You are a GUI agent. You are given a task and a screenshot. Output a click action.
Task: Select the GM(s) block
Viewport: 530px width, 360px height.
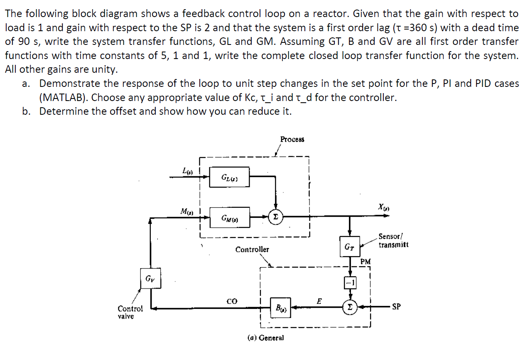click(x=229, y=217)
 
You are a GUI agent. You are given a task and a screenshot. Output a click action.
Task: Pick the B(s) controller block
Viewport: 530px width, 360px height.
click(x=280, y=308)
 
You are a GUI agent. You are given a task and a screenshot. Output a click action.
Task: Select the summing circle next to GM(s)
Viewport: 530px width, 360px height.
click(x=275, y=217)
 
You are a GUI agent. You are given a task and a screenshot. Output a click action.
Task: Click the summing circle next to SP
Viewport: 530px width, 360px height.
click(x=350, y=308)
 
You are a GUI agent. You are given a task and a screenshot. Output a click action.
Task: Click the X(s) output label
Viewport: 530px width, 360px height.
click(x=383, y=206)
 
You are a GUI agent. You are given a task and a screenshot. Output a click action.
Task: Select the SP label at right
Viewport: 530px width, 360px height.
click(x=397, y=307)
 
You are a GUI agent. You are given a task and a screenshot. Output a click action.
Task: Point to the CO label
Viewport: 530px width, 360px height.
click(x=232, y=301)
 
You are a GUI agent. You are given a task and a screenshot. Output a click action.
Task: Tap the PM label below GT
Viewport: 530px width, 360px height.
click(x=365, y=261)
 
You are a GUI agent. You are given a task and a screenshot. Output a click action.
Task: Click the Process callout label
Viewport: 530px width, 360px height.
click(x=292, y=139)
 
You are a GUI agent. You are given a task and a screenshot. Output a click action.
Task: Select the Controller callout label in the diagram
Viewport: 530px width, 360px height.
click(x=252, y=249)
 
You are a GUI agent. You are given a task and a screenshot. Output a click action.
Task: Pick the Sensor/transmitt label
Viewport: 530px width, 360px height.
click(x=393, y=241)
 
